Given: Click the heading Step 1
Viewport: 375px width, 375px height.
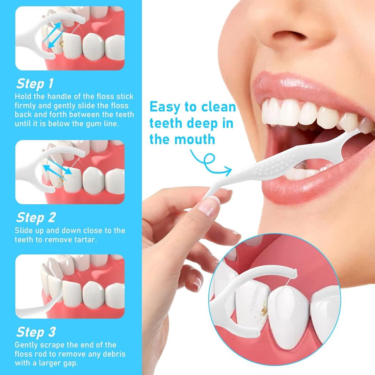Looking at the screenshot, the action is tap(35, 84).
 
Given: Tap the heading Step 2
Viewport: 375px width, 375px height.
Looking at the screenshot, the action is tap(36, 218).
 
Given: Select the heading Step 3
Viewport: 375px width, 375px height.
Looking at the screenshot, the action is tap(36, 332).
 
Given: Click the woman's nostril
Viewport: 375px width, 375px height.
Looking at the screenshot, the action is tap(290, 35).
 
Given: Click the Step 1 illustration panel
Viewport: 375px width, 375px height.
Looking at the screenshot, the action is tap(70, 38).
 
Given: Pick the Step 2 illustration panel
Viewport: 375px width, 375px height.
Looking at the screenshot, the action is tap(70, 172).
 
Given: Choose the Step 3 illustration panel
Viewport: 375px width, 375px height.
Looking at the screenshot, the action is tap(70, 286).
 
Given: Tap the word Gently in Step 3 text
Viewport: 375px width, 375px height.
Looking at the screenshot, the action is tap(26, 345).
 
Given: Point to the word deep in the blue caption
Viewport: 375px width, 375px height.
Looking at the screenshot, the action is tap(202, 124).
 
